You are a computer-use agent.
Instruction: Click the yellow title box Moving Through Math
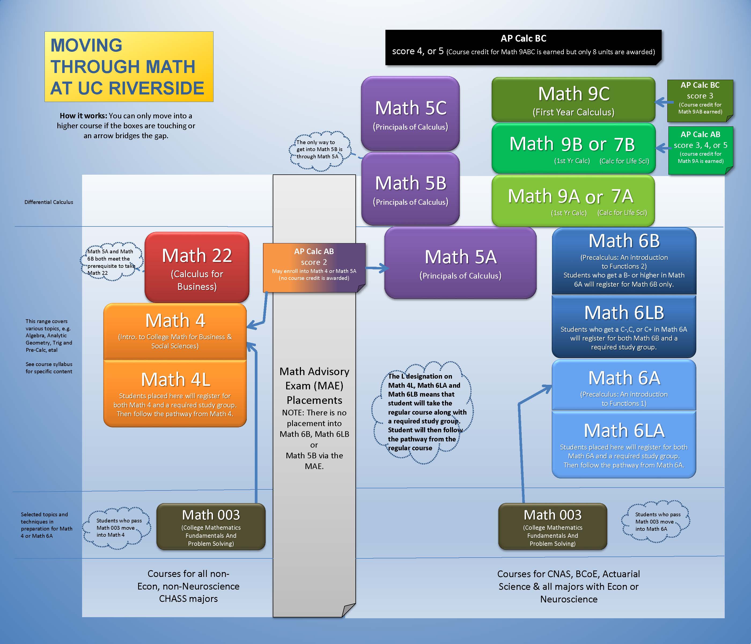pyautogui.click(x=129, y=67)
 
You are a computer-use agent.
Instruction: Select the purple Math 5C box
pyautogui.click(x=410, y=114)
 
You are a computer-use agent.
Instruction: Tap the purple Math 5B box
pyautogui.click(x=410, y=189)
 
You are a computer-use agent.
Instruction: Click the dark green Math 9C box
pyautogui.click(x=573, y=100)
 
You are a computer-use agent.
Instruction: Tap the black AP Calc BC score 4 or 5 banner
pyautogui.click(x=523, y=47)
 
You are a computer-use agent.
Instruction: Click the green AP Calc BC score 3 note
pyautogui.click(x=700, y=100)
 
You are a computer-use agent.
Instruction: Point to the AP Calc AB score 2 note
pyautogui.click(x=314, y=266)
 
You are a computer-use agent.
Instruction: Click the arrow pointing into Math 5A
pyautogui.click(x=377, y=268)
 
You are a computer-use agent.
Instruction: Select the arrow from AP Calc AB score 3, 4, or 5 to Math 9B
pyautogui.click(x=662, y=148)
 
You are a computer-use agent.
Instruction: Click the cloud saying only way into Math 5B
pyautogui.click(x=319, y=151)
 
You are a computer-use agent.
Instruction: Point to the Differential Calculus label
pyautogui.click(x=49, y=202)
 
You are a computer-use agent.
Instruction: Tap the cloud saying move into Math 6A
pyautogui.click(x=655, y=522)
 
